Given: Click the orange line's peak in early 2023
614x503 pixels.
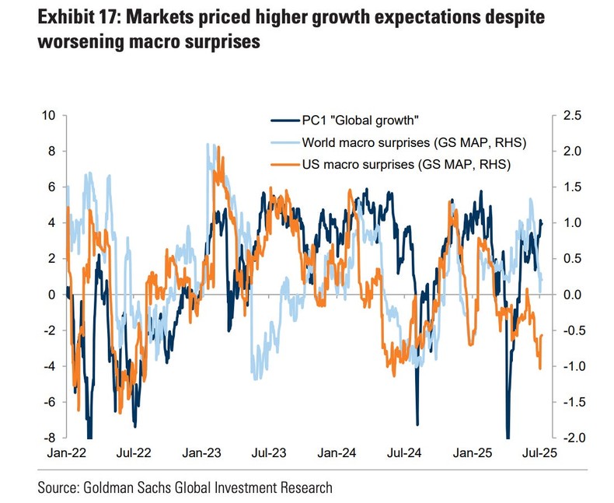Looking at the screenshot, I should [x=218, y=147].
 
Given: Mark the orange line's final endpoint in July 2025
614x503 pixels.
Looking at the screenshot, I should [x=542, y=335].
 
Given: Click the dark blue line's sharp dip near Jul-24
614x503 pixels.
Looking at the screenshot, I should [x=417, y=424].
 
